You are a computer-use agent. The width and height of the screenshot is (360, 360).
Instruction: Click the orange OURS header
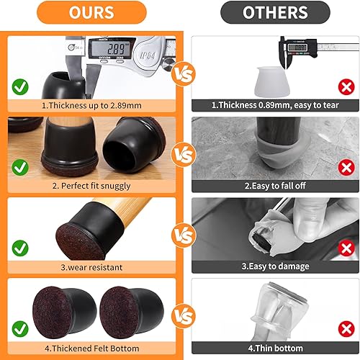(x=91, y=12)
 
